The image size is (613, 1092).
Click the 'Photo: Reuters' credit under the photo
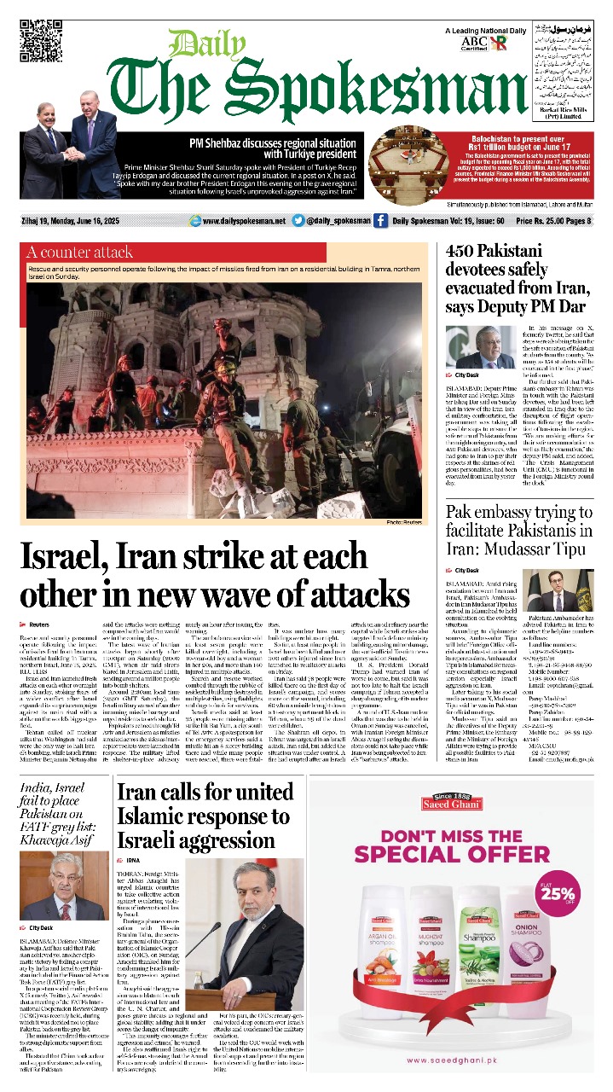click(405, 521)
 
